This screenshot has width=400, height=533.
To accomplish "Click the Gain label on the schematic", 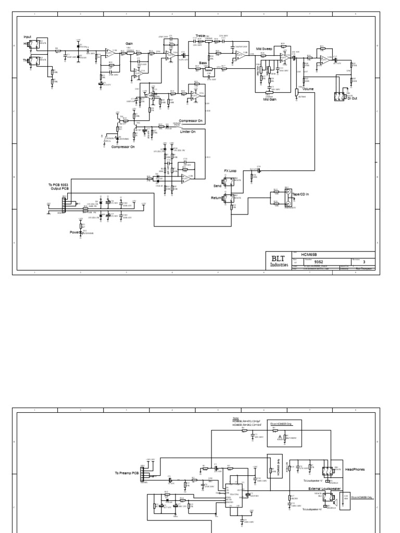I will [129, 44].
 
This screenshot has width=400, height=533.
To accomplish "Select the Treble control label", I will [201, 35].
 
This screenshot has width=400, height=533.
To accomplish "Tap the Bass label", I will [203, 62].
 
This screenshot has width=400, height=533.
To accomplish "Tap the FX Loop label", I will [230, 170].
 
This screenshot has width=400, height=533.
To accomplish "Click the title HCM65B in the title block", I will [310, 253].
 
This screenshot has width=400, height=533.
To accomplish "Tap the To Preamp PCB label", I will [127, 473].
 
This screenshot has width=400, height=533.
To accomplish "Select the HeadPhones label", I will [354, 469].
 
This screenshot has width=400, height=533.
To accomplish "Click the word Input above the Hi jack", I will [28, 36].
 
